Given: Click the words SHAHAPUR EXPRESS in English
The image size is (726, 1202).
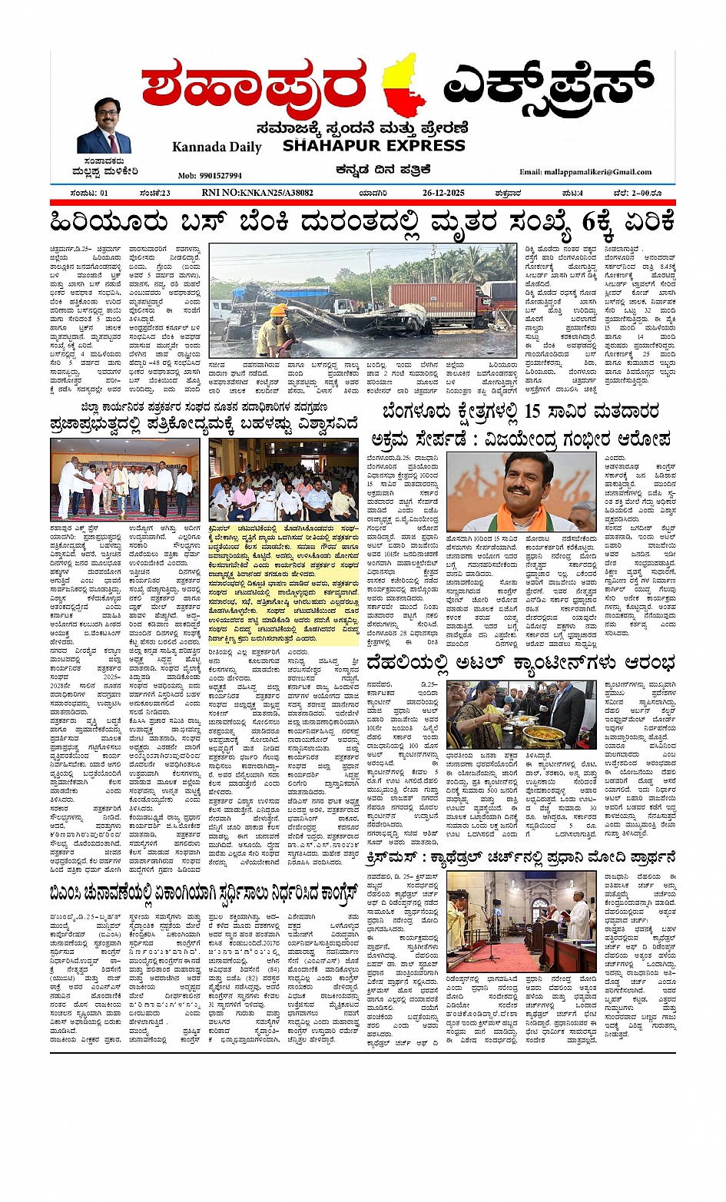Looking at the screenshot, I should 373,145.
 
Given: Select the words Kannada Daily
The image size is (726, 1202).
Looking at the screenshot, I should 217,147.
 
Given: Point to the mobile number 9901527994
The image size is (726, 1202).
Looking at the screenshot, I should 210,176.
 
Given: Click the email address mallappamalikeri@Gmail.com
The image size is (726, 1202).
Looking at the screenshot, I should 585,172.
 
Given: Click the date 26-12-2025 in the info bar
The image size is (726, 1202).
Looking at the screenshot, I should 443,193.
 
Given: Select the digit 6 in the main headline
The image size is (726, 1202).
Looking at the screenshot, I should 589,223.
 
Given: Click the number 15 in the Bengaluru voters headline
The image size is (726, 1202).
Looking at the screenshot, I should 533,412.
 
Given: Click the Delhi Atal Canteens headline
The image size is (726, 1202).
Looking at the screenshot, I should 521,663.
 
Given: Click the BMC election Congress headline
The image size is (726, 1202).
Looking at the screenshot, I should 204,894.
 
